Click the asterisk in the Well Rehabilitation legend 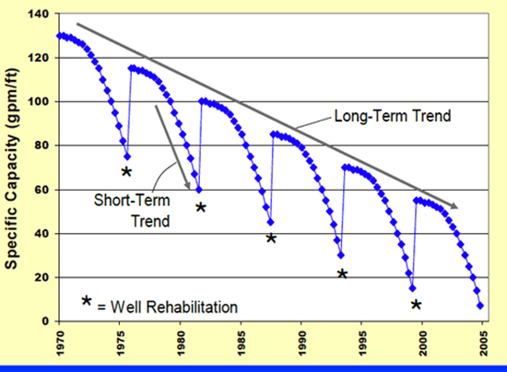pos(87,301)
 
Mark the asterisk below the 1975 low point pos(126,172)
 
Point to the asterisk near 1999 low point pos(416,305)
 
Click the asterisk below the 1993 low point pos(342,273)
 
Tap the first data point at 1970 pos(58,36)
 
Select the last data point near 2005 pos(480,306)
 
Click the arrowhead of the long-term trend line pos(454,206)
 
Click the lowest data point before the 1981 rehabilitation pos(199,190)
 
